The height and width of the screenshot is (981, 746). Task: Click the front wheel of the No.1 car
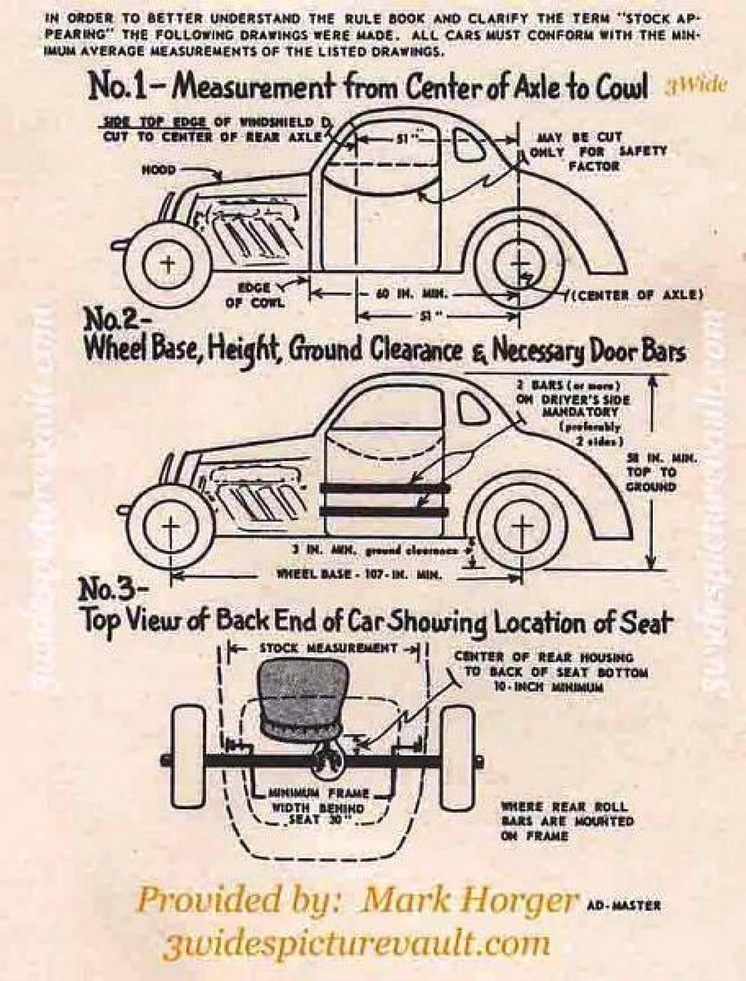tap(167, 264)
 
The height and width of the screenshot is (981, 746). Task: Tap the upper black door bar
tap(385, 487)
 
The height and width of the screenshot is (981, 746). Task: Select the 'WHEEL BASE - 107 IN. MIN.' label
tap(359, 574)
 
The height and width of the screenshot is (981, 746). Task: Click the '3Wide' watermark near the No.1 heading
tap(695, 86)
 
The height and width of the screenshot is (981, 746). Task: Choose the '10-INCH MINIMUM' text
tap(548, 687)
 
